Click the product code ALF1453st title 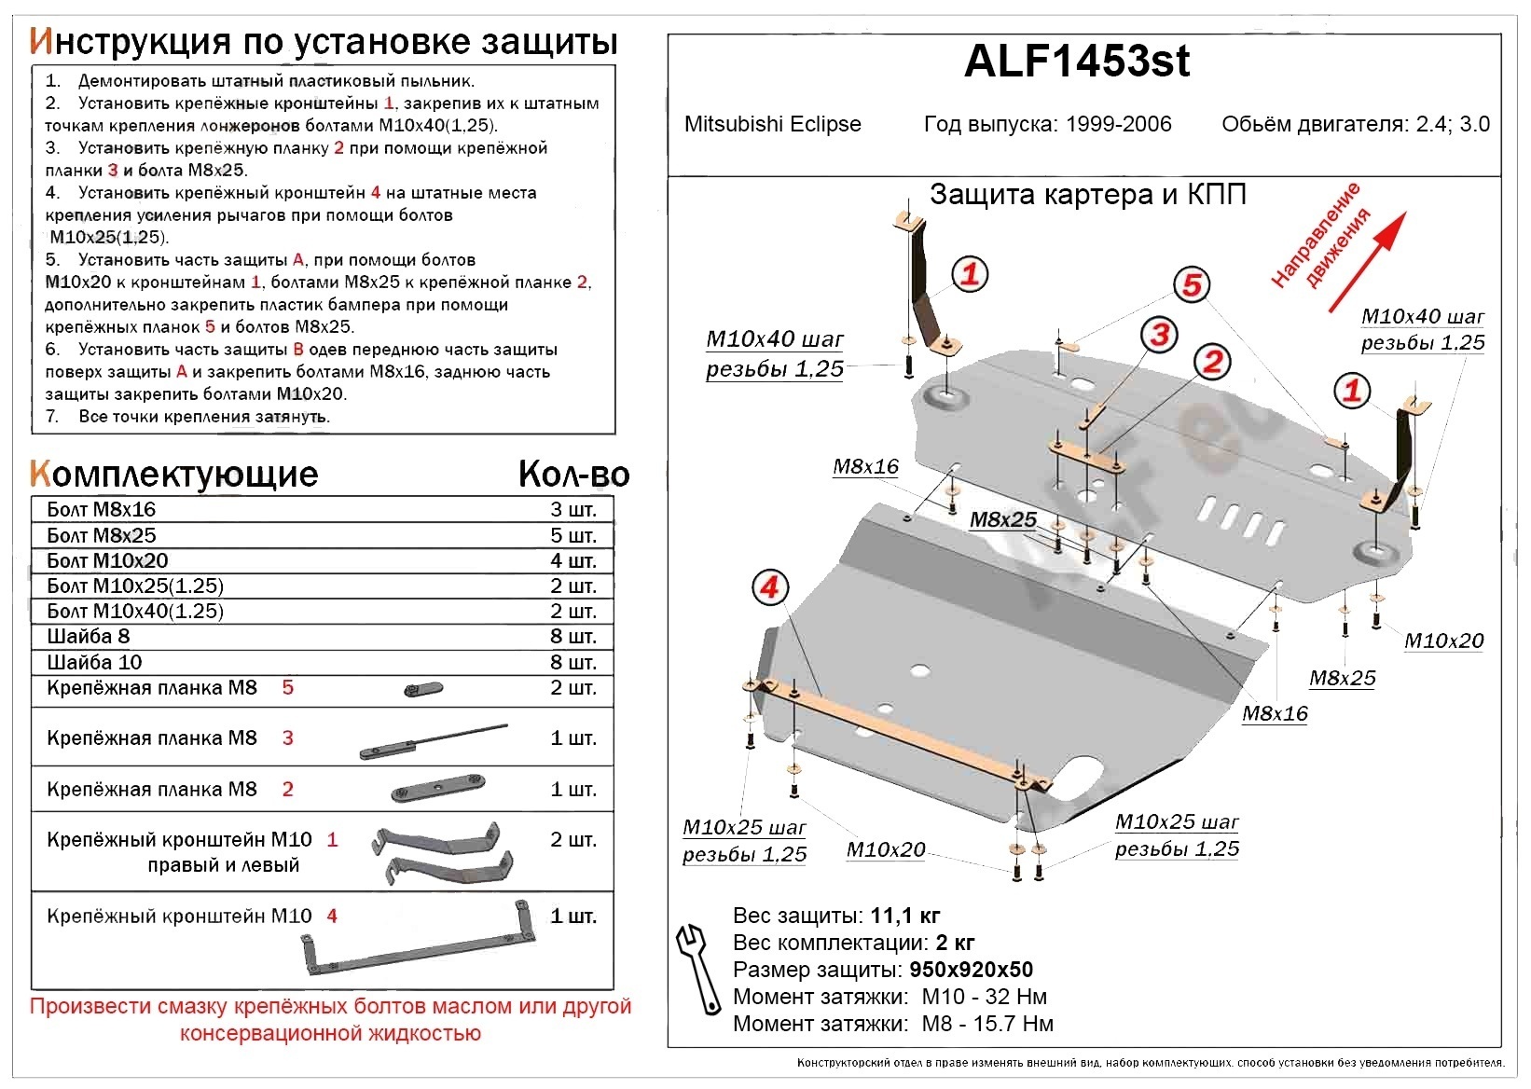point(1077,62)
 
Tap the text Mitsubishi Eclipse point(772,124)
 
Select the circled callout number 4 point(770,587)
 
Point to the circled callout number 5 point(1191,284)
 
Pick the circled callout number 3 point(1159,334)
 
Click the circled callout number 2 point(1212,362)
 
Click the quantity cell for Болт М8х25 point(573,535)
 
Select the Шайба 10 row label point(94,662)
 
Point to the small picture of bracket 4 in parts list point(417,942)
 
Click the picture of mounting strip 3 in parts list point(434,741)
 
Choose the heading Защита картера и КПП point(1088,195)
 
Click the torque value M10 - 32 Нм point(984,997)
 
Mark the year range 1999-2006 point(1118,124)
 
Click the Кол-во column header point(573,475)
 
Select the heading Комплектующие point(174,475)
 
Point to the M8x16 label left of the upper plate point(865,467)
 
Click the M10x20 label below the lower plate point(885,849)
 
